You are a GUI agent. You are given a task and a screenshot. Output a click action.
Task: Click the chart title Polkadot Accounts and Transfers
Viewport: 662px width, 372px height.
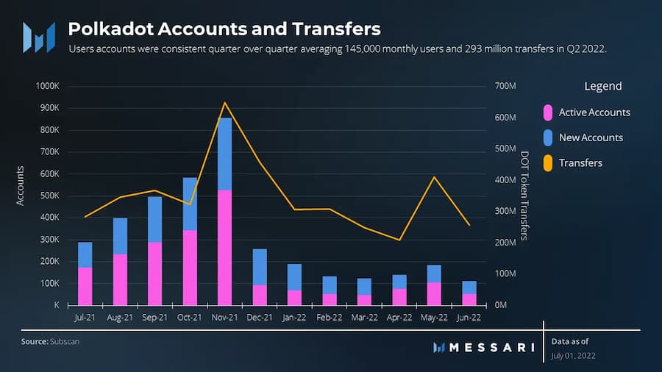click(x=224, y=29)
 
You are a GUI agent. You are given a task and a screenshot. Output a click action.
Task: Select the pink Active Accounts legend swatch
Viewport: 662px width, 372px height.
click(x=547, y=112)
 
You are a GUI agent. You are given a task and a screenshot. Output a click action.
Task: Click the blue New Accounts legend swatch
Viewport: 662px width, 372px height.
click(x=547, y=137)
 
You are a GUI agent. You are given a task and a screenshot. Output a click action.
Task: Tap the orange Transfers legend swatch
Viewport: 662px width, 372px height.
click(x=547, y=162)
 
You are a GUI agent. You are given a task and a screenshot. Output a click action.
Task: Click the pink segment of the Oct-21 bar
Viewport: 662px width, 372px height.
click(x=190, y=268)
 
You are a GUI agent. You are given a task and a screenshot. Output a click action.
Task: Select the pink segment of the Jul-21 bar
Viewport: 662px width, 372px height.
click(x=85, y=286)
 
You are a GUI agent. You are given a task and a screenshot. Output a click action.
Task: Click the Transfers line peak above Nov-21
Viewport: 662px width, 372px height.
click(x=225, y=103)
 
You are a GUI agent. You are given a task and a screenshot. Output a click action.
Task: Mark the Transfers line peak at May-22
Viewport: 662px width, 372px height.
click(x=435, y=177)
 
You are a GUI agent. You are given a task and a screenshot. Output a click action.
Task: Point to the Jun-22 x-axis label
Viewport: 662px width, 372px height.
click(x=469, y=318)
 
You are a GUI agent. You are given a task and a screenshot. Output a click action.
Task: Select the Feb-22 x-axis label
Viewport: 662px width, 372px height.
click(x=330, y=318)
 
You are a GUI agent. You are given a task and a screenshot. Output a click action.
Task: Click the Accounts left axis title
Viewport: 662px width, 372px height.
click(x=21, y=185)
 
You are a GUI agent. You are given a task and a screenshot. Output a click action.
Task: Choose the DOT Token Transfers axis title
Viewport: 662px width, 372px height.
click(x=524, y=196)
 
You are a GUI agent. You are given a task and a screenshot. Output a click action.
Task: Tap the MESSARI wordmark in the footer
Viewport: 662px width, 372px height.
click(x=491, y=347)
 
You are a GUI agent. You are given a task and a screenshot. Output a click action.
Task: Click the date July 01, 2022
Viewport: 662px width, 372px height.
click(x=573, y=356)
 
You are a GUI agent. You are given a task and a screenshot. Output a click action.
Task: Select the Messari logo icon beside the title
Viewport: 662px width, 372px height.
click(x=38, y=37)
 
